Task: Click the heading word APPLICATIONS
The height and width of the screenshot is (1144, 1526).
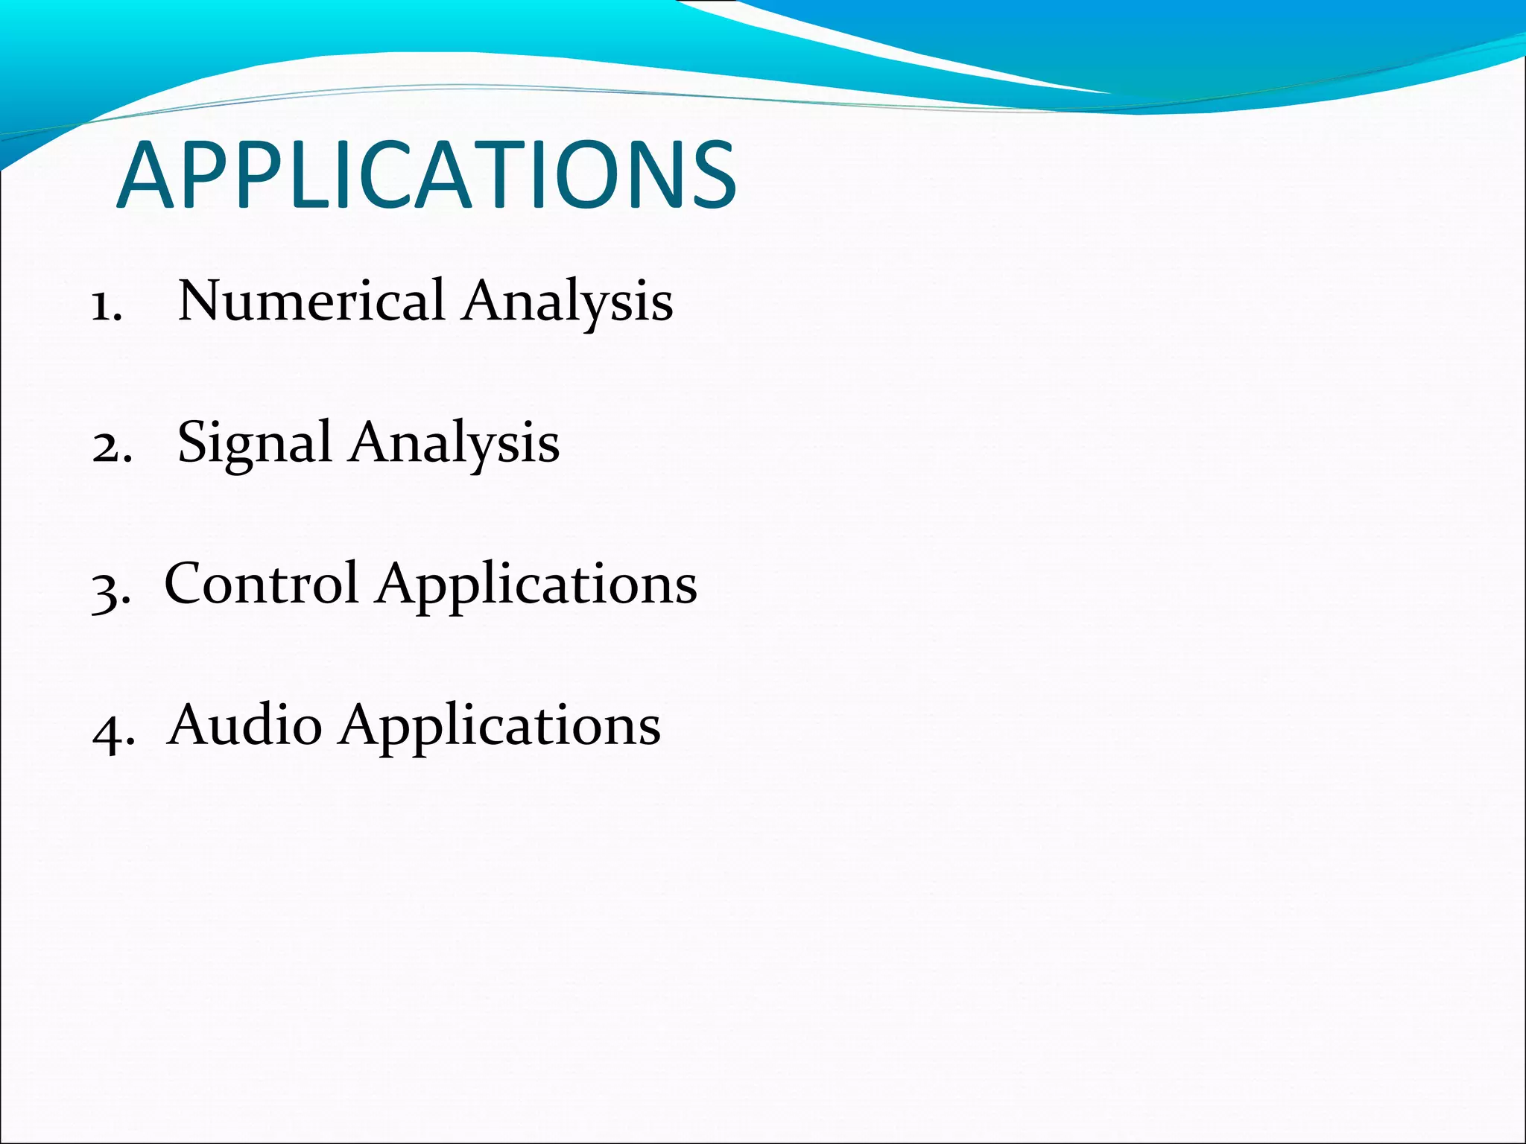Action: pyautogui.click(x=426, y=177)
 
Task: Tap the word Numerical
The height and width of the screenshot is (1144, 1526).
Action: pyautogui.click(x=311, y=300)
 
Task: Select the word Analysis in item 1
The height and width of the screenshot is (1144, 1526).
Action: pyautogui.click(x=567, y=302)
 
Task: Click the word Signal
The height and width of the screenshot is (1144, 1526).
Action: pyautogui.click(x=254, y=442)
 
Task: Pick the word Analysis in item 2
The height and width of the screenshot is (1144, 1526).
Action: pyautogui.click(x=454, y=444)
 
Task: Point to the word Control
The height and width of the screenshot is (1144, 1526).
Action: pyautogui.click(x=261, y=583)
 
